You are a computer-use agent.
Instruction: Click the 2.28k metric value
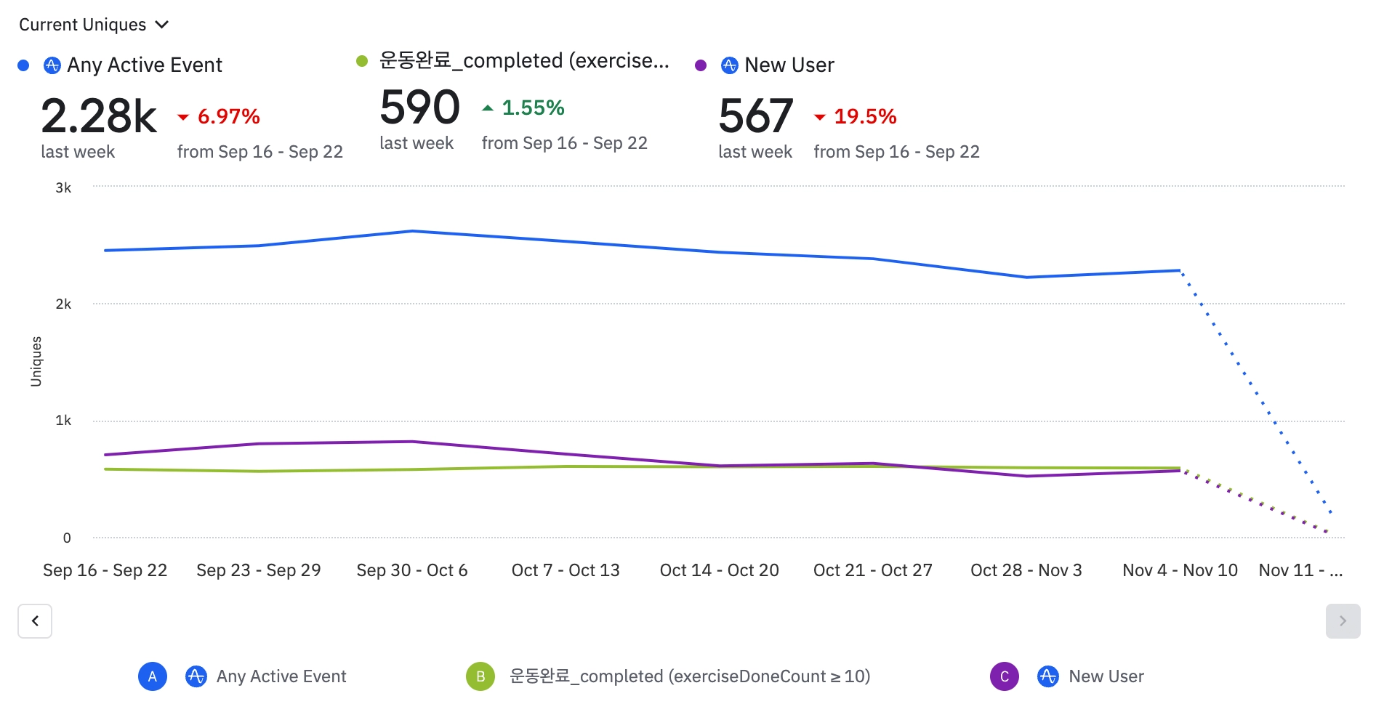click(99, 116)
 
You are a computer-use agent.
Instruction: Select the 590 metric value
click(419, 108)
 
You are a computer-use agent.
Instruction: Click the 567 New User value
click(755, 116)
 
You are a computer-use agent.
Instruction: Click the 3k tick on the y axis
click(63, 187)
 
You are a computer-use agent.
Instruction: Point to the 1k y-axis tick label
click(63, 421)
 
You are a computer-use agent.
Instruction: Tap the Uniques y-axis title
click(36, 361)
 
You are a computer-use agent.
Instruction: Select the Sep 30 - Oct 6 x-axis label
click(411, 570)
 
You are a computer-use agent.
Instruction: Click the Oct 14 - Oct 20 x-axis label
click(719, 570)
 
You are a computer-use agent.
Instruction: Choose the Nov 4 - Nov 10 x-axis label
click(1180, 570)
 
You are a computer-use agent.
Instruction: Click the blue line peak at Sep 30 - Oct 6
click(412, 231)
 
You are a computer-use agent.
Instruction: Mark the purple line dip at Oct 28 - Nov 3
click(1026, 476)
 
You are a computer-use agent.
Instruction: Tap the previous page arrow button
click(35, 621)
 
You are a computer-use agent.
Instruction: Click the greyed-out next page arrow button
click(1343, 621)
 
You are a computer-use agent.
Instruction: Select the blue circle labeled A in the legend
click(153, 676)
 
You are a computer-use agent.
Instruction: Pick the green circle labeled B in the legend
click(480, 676)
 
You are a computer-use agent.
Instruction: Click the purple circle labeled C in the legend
click(1005, 676)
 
